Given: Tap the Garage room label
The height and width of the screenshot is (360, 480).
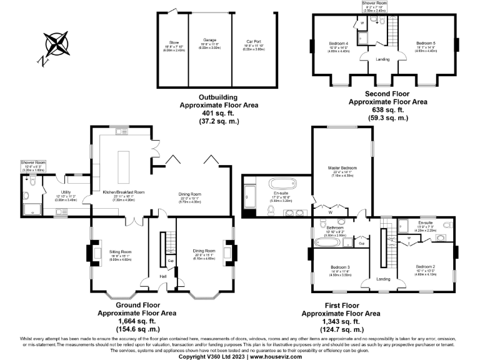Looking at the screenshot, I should (209, 40).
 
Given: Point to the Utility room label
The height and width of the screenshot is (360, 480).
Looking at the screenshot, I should (65, 192).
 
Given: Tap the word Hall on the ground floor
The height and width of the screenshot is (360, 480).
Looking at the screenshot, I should (162, 276).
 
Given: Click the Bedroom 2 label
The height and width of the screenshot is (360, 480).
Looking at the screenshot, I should (425, 267).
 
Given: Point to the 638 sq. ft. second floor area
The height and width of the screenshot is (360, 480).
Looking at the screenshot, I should (387, 109).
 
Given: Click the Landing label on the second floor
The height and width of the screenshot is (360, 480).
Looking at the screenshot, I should (382, 59).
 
